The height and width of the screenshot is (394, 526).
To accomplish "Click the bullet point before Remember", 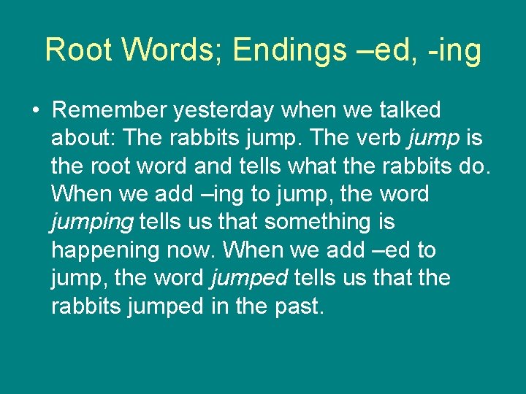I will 35,111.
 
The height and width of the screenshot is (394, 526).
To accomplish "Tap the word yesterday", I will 228,112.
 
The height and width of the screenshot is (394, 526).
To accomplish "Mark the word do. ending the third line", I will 473,166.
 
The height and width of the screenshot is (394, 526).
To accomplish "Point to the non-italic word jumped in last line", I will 164,307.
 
